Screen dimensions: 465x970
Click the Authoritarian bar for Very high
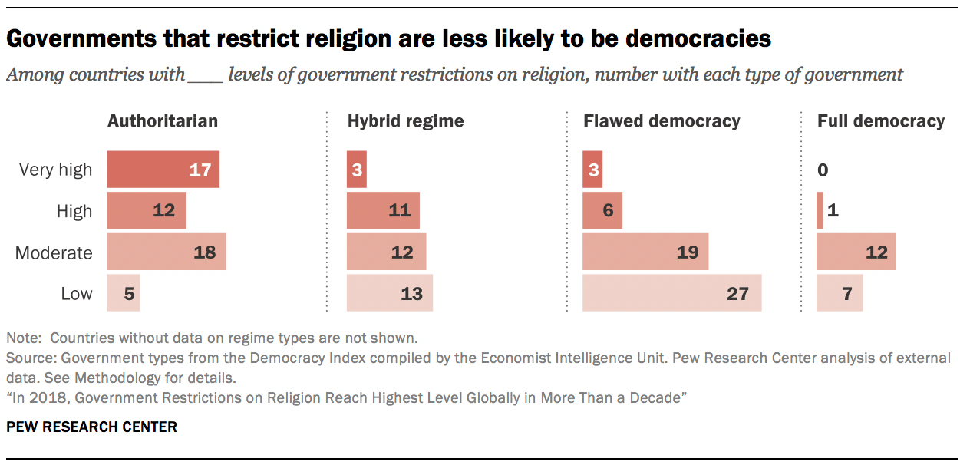click(163, 170)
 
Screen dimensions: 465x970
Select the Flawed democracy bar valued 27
click(671, 293)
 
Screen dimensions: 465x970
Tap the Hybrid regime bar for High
click(383, 211)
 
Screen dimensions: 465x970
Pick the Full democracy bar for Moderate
click(856, 252)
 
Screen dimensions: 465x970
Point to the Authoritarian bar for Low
click(123, 293)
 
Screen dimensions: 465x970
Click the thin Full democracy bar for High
click(820, 211)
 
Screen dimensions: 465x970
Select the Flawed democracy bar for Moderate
click(645, 252)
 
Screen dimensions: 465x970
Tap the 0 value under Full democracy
click(823, 170)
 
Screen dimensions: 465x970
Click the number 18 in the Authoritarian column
click(204, 252)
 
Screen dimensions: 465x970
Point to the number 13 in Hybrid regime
click(411, 293)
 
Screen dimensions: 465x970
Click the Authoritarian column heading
click(163, 121)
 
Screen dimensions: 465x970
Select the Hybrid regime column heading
click(405, 121)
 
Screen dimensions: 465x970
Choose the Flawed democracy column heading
click(662, 121)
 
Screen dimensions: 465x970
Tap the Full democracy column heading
click(880, 121)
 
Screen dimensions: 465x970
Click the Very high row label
click(55, 170)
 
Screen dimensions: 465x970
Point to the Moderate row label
click(54, 252)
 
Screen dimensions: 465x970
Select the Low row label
click(77, 293)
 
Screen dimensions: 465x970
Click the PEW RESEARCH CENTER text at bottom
click(91, 427)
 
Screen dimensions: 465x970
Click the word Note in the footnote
click(21, 338)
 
